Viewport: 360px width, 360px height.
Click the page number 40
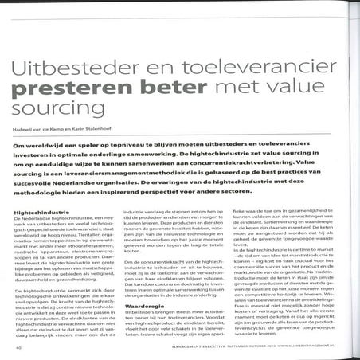coord(18,347)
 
